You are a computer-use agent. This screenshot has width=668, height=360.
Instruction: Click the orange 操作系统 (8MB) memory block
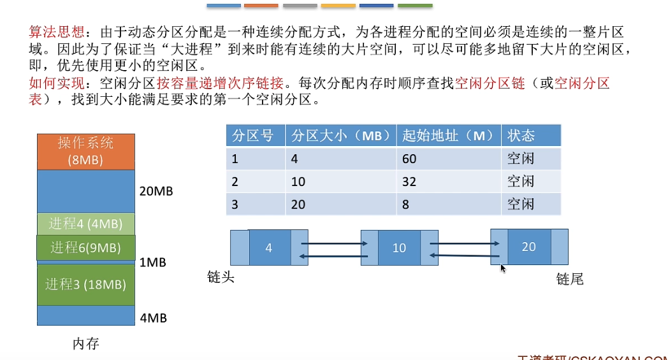[85, 151]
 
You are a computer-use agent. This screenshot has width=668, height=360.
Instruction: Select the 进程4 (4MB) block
[85, 224]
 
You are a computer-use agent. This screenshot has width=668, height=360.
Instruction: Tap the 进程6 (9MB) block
[85, 248]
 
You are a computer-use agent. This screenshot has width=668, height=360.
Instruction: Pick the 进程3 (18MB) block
[85, 284]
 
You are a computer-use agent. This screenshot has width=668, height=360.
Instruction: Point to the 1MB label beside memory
[152, 262]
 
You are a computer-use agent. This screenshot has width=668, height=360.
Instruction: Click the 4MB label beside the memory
[152, 317]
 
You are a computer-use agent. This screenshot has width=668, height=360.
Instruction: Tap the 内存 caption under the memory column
[85, 344]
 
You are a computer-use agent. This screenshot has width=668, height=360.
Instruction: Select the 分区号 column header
[253, 136]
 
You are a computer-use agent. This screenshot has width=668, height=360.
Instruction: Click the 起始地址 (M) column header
[448, 136]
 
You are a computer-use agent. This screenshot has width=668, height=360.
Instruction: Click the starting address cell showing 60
[409, 159]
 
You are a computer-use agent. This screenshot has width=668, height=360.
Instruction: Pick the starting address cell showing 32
[409, 182]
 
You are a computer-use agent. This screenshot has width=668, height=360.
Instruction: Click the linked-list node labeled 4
[269, 248]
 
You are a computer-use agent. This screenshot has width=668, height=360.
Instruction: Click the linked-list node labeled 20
[529, 247]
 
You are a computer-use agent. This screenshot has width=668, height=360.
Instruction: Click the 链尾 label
[569, 279]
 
